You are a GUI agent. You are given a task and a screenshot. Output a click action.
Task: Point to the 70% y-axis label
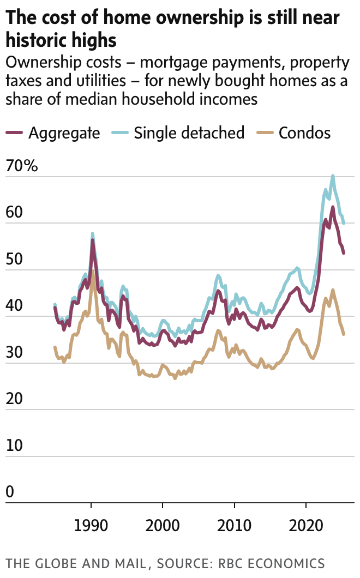tap(22, 166)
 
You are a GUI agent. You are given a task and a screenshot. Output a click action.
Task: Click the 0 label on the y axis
tap(10, 493)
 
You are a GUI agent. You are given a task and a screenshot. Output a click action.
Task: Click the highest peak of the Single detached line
tap(333, 176)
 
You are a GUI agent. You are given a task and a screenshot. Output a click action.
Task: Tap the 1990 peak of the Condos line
tap(93, 271)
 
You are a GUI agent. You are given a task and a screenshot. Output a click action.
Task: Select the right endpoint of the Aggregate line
tap(344, 253)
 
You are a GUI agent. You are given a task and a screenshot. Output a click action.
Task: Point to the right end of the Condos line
tap(344, 334)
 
